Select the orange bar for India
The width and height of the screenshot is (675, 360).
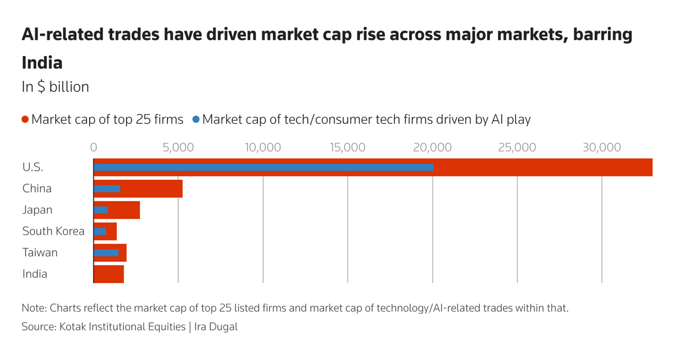pyautogui.click(x=109, y=274)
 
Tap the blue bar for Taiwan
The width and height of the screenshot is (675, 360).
pyautogui.click(x=106, y=253)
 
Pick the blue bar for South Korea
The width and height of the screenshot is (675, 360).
pyautogui.click(x=100, y=231)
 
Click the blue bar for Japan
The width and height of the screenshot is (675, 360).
pyautogui.click(x=101, y=210)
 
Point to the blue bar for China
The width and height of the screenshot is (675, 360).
pyautogui.click(x=107, y=188)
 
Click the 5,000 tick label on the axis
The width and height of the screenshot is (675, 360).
pyautogui.click(x=178, y=147)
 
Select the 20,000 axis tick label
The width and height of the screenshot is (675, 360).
pyautogui.click(x=432, y=147)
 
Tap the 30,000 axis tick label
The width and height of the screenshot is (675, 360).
pyautogui.click(x=602, y=147)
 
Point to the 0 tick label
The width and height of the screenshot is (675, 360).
pyautogui.click(x=94, y=147)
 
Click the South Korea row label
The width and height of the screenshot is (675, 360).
pyautogui.click(x=53, y=231)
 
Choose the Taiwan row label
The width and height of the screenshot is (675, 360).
pyautogui.click(x=40, y=253)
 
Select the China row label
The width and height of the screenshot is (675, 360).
pyautogui.click(x=37, y=188)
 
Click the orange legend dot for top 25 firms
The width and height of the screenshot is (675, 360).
pyautogui.click(x=25, y=120)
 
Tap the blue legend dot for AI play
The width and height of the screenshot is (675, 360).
pyautogui.click(x=196, y=120)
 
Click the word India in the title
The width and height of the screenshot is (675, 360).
pyautogui.click(x=42, y=63)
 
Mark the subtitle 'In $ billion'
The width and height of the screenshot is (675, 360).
pyautogui.click(x=55, y=87)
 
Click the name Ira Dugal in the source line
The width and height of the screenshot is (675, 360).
pyautogui.click(x=216, y=327)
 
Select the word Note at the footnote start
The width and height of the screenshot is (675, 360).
pyautogui.click(x=33, y=308)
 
